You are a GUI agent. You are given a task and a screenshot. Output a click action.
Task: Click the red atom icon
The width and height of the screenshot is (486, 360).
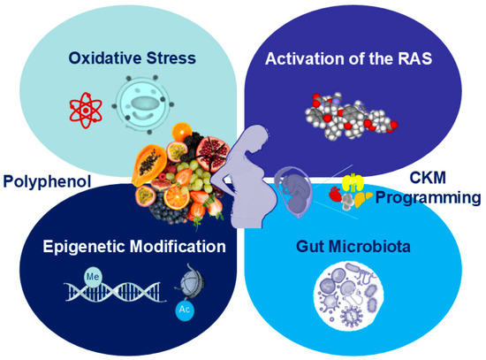tap(86, 111)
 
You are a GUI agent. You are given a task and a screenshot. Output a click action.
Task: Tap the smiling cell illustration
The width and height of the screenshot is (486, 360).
tap(143, 105)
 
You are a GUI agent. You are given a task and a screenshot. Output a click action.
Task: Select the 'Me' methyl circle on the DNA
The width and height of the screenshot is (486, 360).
tap(93, 276)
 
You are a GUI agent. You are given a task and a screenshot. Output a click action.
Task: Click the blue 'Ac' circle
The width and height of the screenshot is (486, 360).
tap(185, 310)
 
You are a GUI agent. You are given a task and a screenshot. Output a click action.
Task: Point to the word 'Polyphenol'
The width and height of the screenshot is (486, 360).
tap(47, 181)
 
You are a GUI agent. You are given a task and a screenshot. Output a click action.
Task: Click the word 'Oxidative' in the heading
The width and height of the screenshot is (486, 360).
tap(105, 58)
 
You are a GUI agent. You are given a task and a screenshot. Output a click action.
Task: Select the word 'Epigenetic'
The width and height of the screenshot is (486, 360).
tap(84, 247)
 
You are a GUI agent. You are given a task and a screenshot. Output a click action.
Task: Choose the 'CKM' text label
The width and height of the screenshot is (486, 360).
tap(428, 178)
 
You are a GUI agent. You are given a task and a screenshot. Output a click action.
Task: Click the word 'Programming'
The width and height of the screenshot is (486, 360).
tap(428, 197)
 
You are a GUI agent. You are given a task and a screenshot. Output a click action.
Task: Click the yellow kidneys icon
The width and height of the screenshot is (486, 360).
tap(351, 182)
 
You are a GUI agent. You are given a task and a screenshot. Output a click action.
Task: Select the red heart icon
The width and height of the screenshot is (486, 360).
tap(336, 195)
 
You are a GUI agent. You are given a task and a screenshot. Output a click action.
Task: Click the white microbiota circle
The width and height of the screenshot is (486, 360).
tap(349, 295)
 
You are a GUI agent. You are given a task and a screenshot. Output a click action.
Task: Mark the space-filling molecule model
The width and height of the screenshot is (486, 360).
tap(351, 116)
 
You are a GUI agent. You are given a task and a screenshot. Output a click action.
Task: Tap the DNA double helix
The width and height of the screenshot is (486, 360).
tap(115, 292)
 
